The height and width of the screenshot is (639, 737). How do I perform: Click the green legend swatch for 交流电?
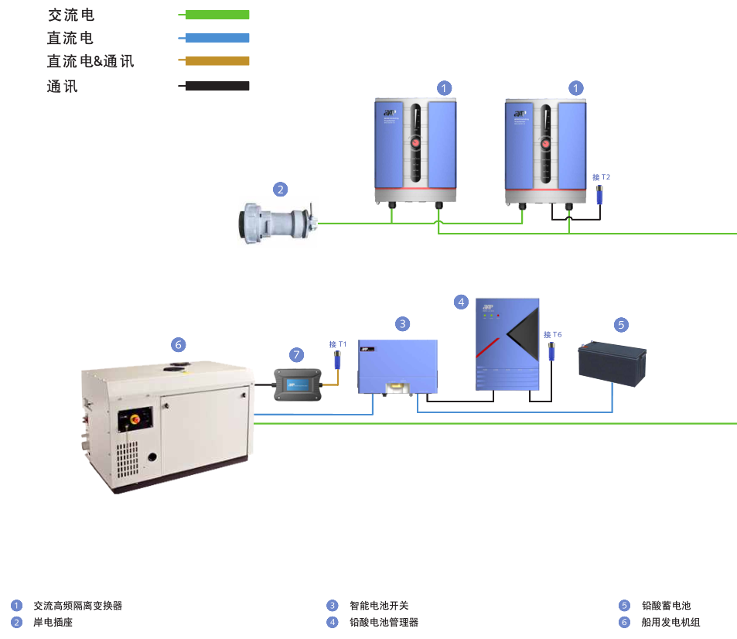tap(217, 14)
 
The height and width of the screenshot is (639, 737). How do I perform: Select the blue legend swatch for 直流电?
tap(217, 37)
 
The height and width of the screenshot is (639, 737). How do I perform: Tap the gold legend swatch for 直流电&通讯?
tap(217, 60)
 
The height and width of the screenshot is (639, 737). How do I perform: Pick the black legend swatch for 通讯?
tap(217, 86)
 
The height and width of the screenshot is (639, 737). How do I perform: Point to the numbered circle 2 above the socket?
tap(280, 189)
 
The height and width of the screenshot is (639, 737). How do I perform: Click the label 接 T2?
tap(601, 177)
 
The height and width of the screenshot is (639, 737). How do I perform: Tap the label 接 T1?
tap(338, 343)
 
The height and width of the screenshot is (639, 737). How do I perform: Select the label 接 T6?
tap(552, 334)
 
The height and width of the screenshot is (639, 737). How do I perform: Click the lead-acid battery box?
tap(612, 365)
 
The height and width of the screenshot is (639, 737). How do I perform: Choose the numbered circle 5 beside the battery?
tap(622, 324)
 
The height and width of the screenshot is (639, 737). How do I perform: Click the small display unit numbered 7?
tap(296, 384)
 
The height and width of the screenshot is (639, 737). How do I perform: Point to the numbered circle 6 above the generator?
tap(178, 343)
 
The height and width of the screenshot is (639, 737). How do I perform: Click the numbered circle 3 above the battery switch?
tap(402, 323)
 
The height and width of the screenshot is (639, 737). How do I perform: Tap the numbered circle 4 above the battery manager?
tap(461, 302)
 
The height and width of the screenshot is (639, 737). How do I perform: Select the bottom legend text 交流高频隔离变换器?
tap(77, 606)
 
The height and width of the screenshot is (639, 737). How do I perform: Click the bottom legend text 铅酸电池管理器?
tap(384, 622)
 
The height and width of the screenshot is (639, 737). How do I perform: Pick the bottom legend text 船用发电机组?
tap(670, 622)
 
